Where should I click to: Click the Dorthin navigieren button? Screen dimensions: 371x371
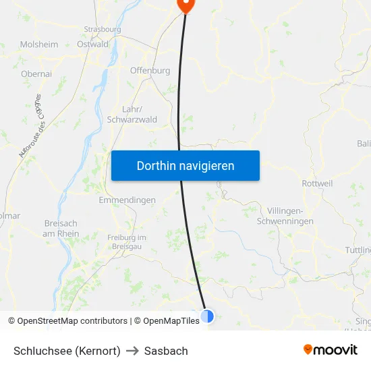pos(185,165)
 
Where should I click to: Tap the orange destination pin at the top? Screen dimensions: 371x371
pos(185,5)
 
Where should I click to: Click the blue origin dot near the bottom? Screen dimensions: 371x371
pos(207,315)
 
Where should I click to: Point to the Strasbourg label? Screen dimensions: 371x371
pos(103,30)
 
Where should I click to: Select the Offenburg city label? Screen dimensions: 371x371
pos(150,70)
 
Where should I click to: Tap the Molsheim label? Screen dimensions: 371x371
pos(39,45)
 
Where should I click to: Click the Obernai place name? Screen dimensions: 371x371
pos(36,74)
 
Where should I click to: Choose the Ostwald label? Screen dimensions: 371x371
pos(93,45)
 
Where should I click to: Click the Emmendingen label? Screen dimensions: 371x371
pos(127,200)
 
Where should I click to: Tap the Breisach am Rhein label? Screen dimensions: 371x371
pos(61,229)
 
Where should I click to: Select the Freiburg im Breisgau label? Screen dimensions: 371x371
pos(127,242)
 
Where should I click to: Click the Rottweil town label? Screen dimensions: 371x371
pos(318,183)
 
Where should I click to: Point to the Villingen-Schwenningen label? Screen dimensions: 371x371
pos(290,216)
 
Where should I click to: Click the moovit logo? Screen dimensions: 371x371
pos(330,350)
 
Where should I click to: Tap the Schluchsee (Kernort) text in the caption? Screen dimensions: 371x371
pos(67,351)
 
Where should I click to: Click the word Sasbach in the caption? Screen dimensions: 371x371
pos(165,351)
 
